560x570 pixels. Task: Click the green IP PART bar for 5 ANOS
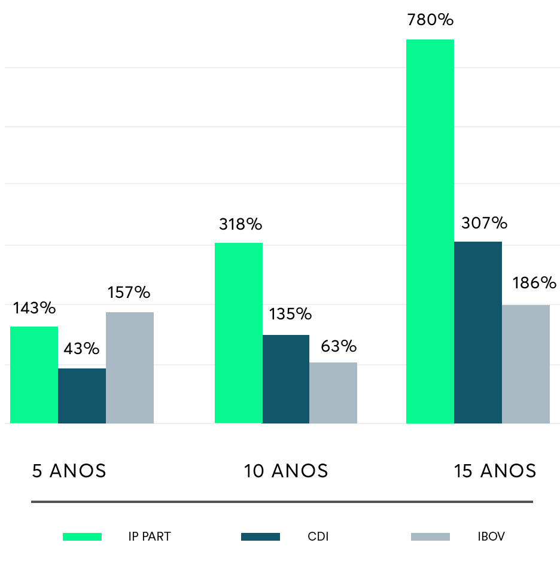pyautogui.click(x=34, y=375)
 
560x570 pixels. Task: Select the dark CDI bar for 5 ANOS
pyautogui.click(x=82, y=396)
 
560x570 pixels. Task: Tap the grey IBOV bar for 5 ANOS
pyautogui.click(x=130, y=368)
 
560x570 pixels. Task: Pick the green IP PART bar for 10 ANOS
pyautogui.click(x=238, y=333)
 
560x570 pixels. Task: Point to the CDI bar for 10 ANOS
pyautogui.click(x=286, y=379)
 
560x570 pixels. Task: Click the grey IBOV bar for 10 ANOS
pyautogui.click(x=333, y=393)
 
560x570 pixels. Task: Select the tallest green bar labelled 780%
pyautogui.click(x=430, y=231)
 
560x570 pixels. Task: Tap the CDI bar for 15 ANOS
pyautogui.click(x=478, y=333)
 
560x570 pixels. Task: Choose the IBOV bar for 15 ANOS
pyautogui.click(x=526, y=364)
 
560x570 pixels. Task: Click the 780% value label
pyautogui.click(x=430, y=20)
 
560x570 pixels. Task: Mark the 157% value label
pyautogui.click(x=129, y=293)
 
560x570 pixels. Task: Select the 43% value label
pyautogui.click(x=82, y=349)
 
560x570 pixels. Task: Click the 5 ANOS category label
pyautogui.click(x=69, y=471)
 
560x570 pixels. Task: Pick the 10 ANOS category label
pyautogui.click(x=286, y=471)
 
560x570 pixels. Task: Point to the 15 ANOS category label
pyautogui.click(x=495, y=471)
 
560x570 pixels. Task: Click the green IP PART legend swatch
pyautogui.click(x=82, y=537)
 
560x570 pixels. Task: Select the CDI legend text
pyautogui.click(x=318, y=537)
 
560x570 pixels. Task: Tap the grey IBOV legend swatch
pyautogui.click(x=430, y=537)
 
